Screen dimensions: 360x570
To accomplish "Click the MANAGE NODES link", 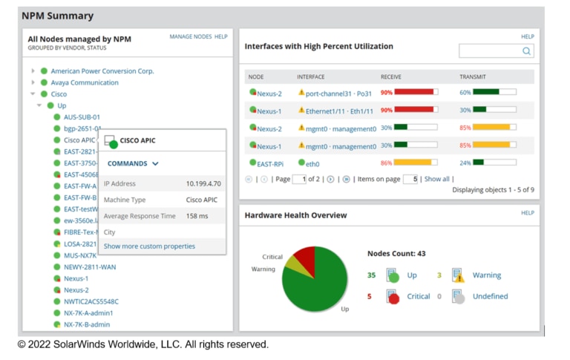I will tap(190, 36).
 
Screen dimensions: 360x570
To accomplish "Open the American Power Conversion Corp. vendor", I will tap(102, 71).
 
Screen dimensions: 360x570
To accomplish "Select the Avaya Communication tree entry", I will tap(84, 83).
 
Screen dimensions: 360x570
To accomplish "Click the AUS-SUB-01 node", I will tap(82, 117).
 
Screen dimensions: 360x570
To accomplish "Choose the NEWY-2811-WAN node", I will tap(89, 267).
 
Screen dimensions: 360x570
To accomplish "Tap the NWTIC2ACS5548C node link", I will tap(91, 302).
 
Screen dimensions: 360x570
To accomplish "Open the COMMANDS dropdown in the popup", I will tap(133, 163).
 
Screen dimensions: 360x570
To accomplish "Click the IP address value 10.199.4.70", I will tap(203, 183).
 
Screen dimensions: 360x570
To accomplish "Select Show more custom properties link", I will tap(149, 246).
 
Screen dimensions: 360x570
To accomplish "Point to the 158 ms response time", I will tap(197, 216).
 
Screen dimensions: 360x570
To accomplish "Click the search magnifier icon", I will tap(526, 51).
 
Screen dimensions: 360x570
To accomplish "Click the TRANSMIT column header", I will tap(473, 77).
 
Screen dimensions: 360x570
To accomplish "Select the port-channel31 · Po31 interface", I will tap(338, 94).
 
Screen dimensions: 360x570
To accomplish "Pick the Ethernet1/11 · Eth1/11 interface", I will tap(338, 111).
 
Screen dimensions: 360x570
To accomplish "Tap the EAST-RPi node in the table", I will tap(269, 164).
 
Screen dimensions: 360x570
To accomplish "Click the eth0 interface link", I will tap(312, 164).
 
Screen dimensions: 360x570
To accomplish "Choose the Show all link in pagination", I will tap(436, 179).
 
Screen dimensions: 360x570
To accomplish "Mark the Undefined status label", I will tap(490, 296).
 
